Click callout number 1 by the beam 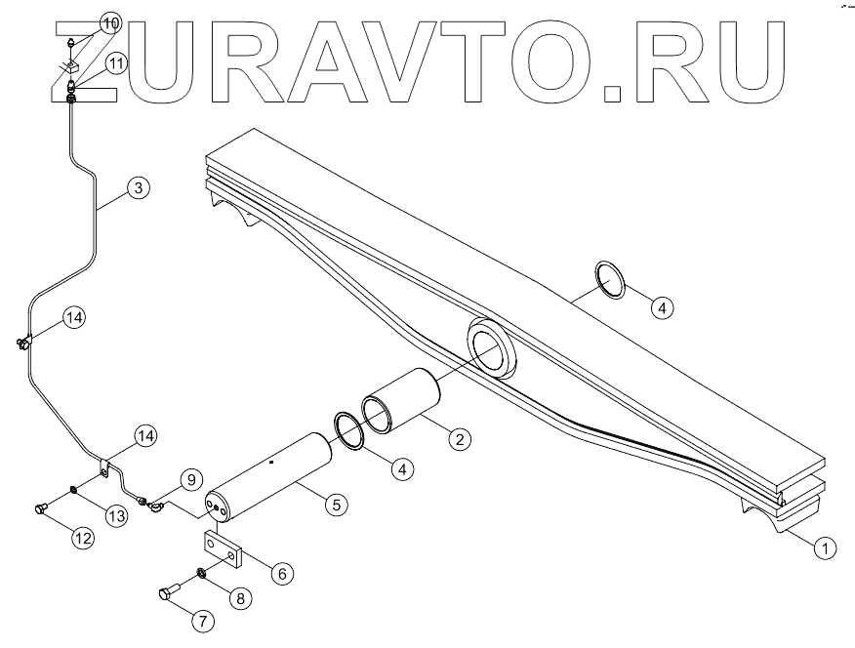tap(825, 548)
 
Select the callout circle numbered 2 tap(456, 438)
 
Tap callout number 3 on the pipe tap(140, 188)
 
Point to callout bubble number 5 tap(335, 505)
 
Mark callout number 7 tap(203, 620)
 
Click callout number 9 tap(191, 478)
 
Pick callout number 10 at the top tap(109, 21)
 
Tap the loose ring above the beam tap(610, 281)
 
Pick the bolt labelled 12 tap(42, 508)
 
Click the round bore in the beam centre tap(494, 346)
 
